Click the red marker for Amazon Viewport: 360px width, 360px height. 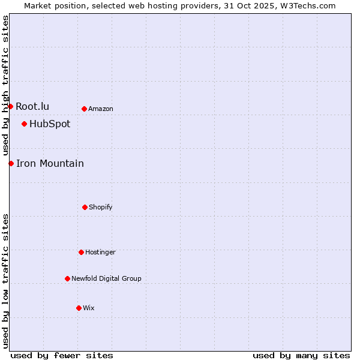pos(84,109)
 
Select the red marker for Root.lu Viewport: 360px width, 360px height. pos(10,106)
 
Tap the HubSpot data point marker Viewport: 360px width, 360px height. pos(24,124)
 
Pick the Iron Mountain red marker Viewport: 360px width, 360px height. pos(11,163)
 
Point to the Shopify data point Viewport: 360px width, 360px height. pos(85,207)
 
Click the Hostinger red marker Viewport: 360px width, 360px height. pos(81,252)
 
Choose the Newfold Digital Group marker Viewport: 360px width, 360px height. pos(67,278)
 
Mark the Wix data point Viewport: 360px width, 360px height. pos(79,308)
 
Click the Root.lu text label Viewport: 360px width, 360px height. pos(32,106)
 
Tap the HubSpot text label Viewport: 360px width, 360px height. pos(50,124)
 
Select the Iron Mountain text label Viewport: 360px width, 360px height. pos(50,163)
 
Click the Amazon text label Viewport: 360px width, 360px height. pos(101,109)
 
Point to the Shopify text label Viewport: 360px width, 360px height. pos(101,207)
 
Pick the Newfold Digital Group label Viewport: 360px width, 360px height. pos(107,278)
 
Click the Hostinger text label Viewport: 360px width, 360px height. pos(100,252)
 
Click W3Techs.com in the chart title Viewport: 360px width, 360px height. pos(307,5)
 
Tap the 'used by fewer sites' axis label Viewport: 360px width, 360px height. pos(62,355)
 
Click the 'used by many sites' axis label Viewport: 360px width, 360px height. pos(301,355)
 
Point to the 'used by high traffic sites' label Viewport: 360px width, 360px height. pos(5,85)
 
